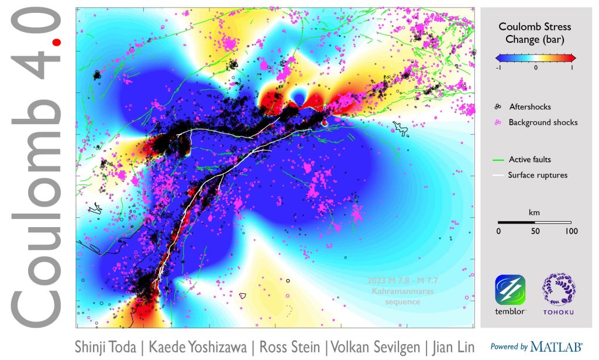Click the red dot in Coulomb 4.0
click(x=56, y=43)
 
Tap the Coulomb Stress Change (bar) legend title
click(x=535, y=33)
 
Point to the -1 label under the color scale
click(x=499, y=68)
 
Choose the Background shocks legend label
click(x=543, y=122)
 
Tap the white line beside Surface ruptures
click(x=498, y=175)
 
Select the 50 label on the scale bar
click(x=534, y=231)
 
